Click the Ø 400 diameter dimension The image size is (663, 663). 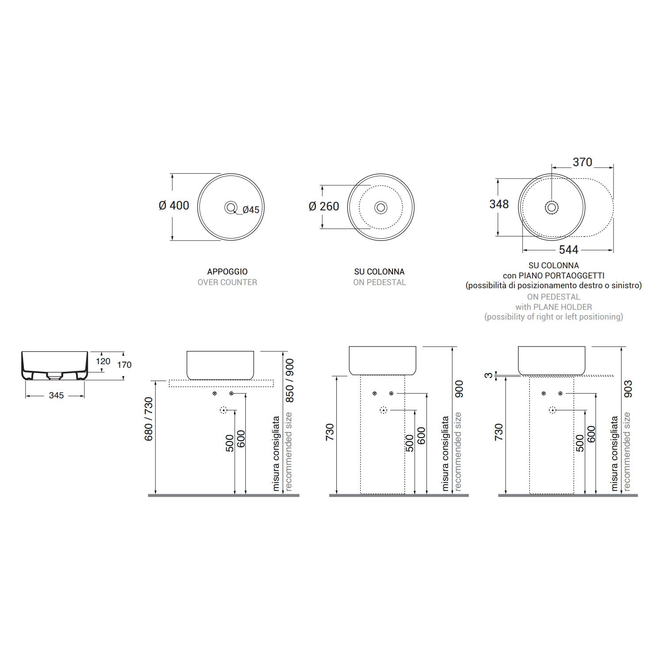174,206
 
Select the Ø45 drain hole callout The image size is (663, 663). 251,210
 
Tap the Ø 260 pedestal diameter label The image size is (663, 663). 324,206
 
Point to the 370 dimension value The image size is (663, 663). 582,162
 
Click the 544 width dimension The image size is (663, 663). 568,250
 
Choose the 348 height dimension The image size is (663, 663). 499,204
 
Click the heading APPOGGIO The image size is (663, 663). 227,272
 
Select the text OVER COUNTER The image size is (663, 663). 227,282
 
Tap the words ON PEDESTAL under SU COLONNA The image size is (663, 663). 379,282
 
